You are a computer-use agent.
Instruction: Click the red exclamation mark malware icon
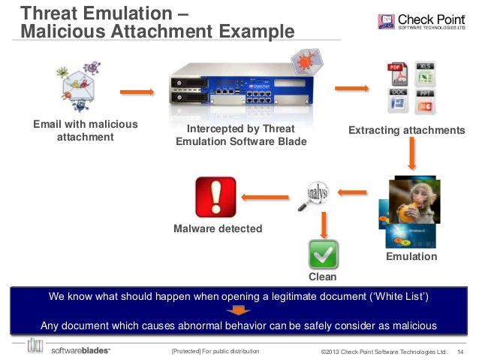tap(215, 197)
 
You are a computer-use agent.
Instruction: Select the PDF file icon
tap(397, 74)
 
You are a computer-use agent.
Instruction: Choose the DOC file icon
tap(398, 101)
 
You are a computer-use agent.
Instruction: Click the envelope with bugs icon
tap(80, 89)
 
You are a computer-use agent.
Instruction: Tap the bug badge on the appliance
tap(306, 59)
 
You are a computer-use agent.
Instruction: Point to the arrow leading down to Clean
tap(324, 223)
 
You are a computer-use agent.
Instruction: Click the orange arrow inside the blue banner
tap(239, 311)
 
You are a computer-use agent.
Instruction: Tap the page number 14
tap(460, 351)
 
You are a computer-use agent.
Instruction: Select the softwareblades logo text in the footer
tap(80, 350)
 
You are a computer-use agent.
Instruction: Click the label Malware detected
tap(218, 228)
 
